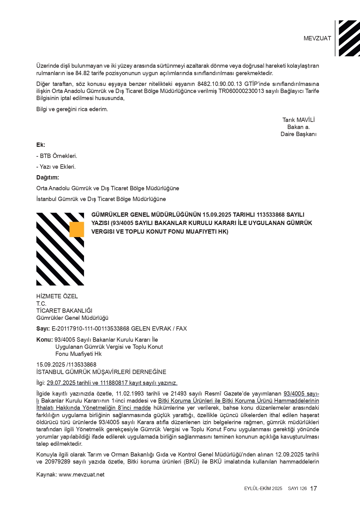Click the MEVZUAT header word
317,38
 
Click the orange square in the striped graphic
77,229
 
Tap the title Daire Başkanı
298,134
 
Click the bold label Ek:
41,145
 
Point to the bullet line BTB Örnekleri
57,156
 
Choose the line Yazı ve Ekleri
56,167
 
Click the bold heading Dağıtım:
48,178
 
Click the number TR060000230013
242,91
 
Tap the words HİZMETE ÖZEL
57,296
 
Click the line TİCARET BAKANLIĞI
64,311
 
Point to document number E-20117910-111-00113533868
90,329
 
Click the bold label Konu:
45,340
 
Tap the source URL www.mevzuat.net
82,475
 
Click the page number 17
314,489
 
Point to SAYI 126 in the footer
297,489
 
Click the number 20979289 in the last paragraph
60,462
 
